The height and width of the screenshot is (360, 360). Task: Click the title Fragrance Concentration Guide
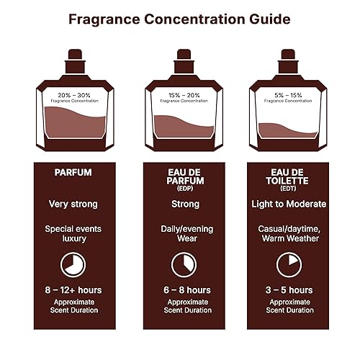(x=180, y=19)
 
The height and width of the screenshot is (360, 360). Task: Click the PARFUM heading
(x=73, y=173)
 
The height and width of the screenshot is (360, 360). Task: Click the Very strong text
(x=73, y=204)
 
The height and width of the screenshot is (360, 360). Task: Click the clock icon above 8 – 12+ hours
(x=73, y=265)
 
